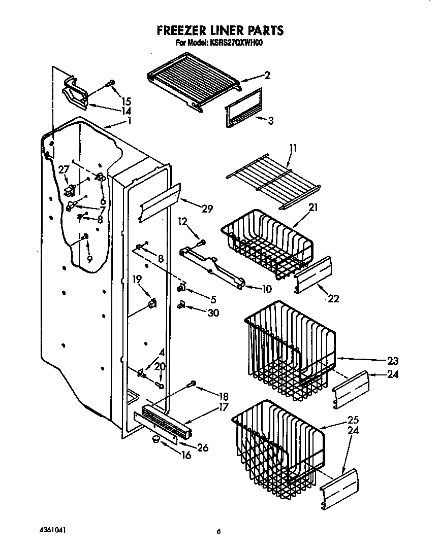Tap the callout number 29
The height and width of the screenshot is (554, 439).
pos(207,208)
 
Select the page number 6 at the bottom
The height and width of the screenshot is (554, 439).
pos(218,531)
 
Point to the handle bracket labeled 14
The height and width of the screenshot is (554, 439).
pos(75,93)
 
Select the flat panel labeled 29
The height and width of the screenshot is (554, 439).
pos(161,202)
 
